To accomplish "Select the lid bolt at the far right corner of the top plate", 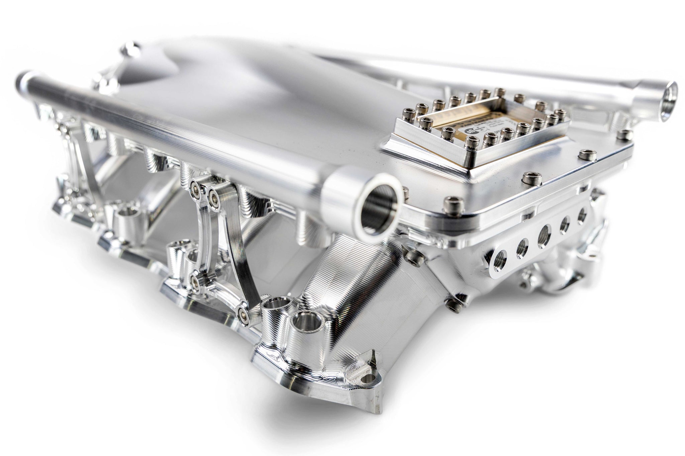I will click(623, 134).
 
